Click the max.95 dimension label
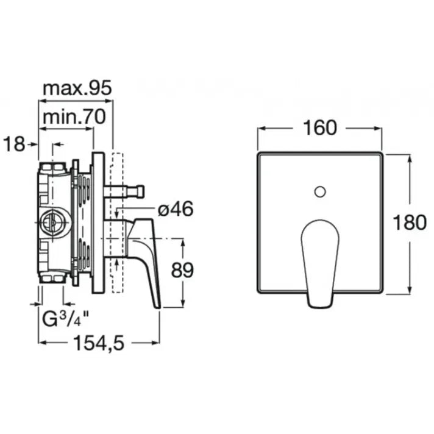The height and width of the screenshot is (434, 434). point(77,88)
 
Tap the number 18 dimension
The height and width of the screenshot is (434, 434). point(14,144)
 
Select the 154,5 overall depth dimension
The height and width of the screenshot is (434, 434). point(99,343)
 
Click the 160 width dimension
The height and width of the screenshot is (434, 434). point(319,128)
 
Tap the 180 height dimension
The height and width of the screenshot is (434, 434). point(410,222)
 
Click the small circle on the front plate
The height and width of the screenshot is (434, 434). point(320,192)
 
